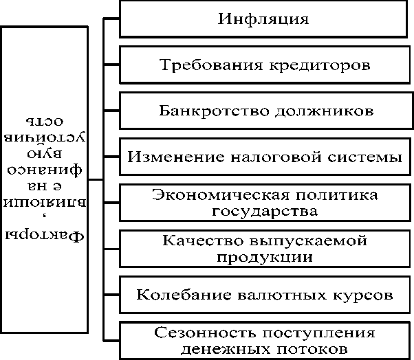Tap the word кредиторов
[318, 65]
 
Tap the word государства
[265, 211]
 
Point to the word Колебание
[180, 295]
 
